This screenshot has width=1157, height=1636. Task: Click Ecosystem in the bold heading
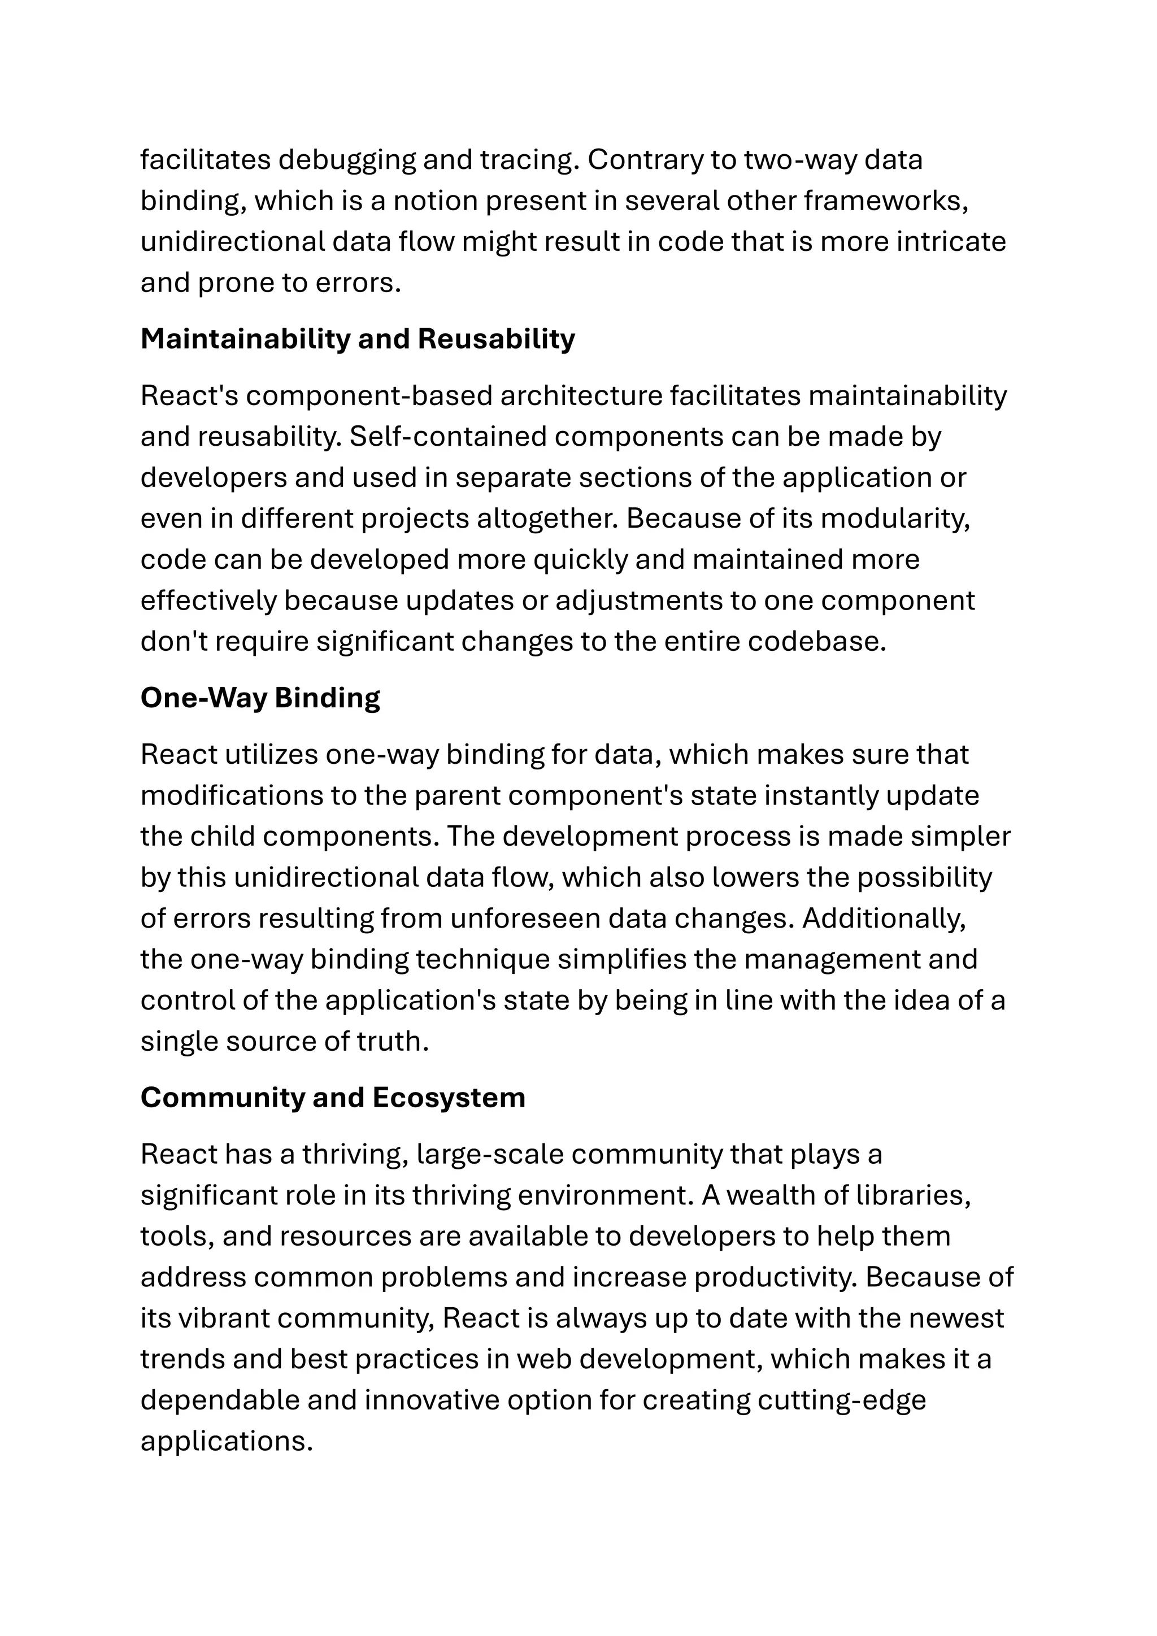[x=448, y=1098]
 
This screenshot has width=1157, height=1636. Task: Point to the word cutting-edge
[x=841, y=1400]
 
